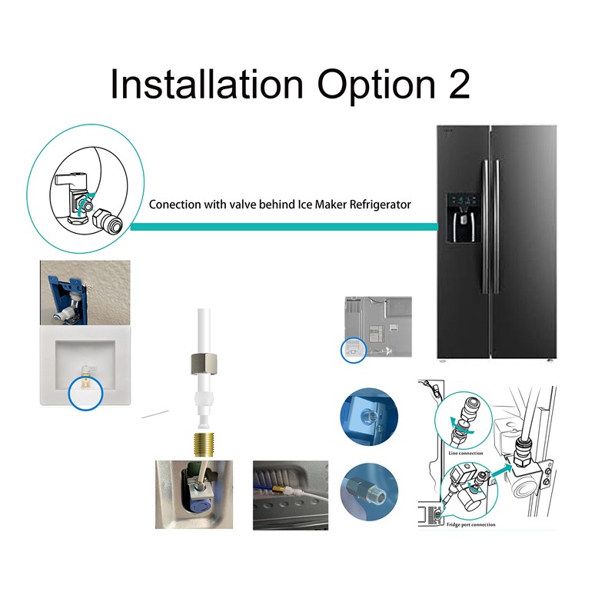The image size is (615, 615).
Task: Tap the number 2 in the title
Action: (456, 84)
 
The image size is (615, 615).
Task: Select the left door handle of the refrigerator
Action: (483, 223)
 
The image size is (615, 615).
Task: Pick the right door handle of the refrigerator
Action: (496, 223)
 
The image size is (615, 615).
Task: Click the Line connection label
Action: (465, 453)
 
